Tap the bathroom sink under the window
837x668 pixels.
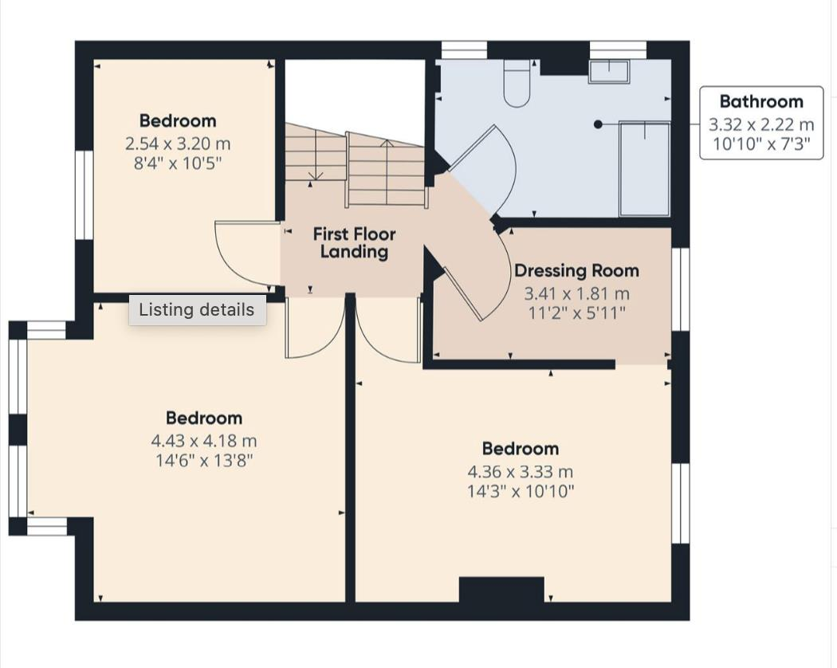(609, 73)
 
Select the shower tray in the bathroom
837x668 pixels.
(644, 168)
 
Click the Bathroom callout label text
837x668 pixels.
(761, 101)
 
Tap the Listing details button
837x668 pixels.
(197, 310)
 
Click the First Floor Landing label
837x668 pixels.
(354, 243)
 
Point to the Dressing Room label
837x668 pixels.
(576, 271)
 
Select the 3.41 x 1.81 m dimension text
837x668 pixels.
(576, 293)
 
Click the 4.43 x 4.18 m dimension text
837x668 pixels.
(204, 441)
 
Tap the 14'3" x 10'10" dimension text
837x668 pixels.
(520, 491)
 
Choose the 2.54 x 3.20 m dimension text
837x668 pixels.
(178, 144)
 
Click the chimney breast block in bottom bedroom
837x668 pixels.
(501, 590)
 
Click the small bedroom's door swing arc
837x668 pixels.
(243, 255)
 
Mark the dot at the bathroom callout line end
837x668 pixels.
(598, 124)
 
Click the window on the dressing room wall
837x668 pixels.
(680, 289)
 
